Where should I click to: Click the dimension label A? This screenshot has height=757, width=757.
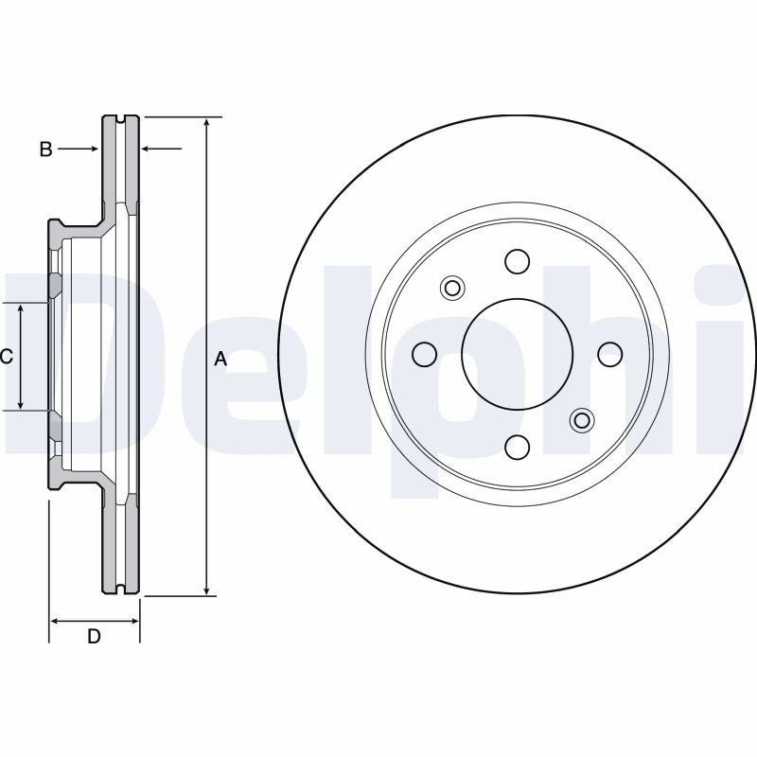click(x=220, y=360)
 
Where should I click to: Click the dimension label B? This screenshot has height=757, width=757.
click(x=45, y=150)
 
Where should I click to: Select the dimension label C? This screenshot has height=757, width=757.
click(x=7, y=357)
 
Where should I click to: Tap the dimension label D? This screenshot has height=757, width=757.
click(x=94, y=636)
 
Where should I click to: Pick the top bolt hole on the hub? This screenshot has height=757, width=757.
click(x=517, y=261)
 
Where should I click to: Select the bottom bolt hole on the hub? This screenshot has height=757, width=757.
click(x=517, y=447)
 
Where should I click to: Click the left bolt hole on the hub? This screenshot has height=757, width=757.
click(x=424, y=354)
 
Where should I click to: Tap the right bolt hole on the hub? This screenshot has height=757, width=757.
click(x=609, y=354)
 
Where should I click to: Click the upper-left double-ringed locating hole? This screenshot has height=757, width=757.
click(x=452, y=289)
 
